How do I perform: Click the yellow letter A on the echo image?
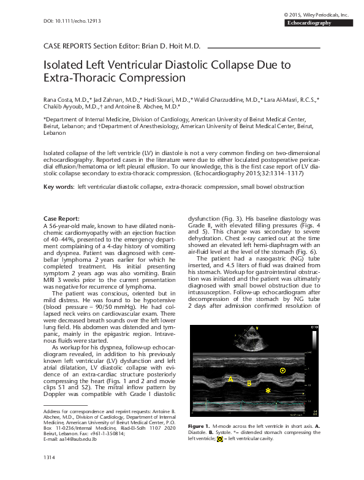coord(231,379)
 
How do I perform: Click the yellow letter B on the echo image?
coord(249,383)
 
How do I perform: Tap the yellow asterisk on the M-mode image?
coord(268,390)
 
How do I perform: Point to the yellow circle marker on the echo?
coord(282,370)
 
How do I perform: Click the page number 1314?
coord(50,457)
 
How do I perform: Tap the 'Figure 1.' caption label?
coord(200,425)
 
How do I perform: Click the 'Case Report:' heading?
coord(61,219)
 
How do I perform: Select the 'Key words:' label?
coord(57,185)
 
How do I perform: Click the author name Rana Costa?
coord(57,98)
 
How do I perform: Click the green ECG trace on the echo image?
coord(245,402)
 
